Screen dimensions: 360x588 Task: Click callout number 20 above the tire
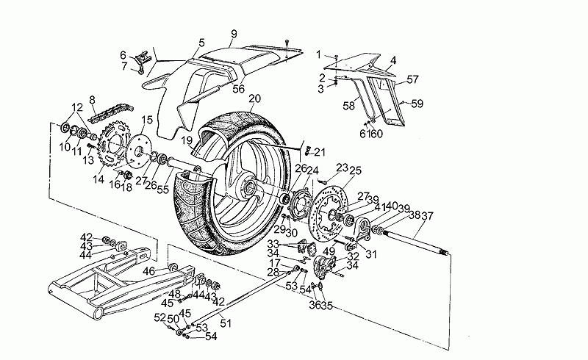click(x=255, y=99)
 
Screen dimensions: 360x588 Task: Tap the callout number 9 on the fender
click(x=234, y=34)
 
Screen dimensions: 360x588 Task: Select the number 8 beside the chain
click(x=92, y=100)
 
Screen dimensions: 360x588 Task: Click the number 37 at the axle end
click(x=428, y=215)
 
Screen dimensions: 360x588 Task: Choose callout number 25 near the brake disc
click(x=356, y=170)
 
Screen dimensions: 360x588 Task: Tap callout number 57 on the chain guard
click(x=412, y=79)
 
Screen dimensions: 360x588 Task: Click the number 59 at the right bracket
click(x=417, y=104)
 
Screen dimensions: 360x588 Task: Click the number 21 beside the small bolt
click(x=319, y=152)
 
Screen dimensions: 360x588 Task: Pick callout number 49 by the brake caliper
click(x=329, y=251)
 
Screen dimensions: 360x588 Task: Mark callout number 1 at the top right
click(x=319, y=54)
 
